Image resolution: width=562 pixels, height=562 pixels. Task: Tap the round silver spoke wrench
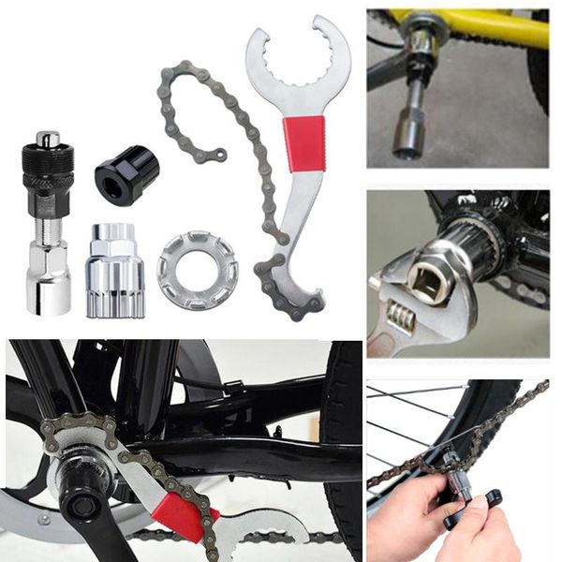(197, 273)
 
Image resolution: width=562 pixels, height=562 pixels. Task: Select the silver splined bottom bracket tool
(114, 273)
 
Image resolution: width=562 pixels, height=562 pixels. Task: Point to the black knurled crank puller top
(48, 164)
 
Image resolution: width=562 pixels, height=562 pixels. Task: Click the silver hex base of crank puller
(48, 286)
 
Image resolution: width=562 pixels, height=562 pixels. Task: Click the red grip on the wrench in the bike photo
(184, 515)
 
